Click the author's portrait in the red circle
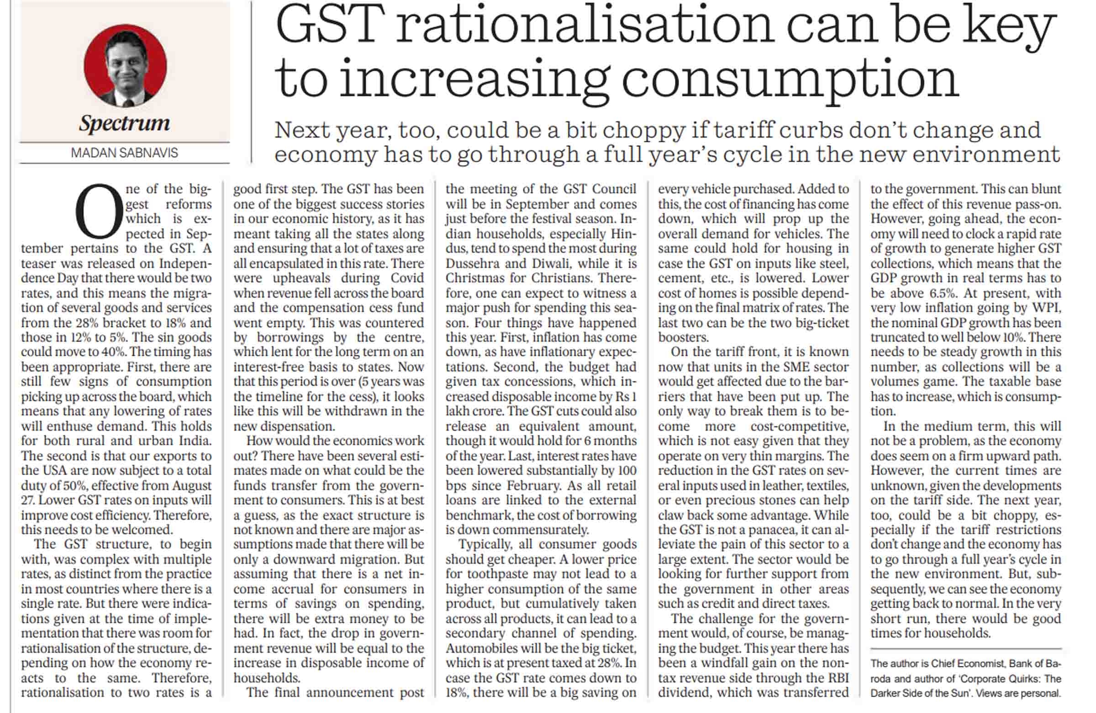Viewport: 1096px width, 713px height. point(125,65)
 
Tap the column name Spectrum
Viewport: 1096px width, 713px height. point(124,123)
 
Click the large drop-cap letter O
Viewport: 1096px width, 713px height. point(98,211)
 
